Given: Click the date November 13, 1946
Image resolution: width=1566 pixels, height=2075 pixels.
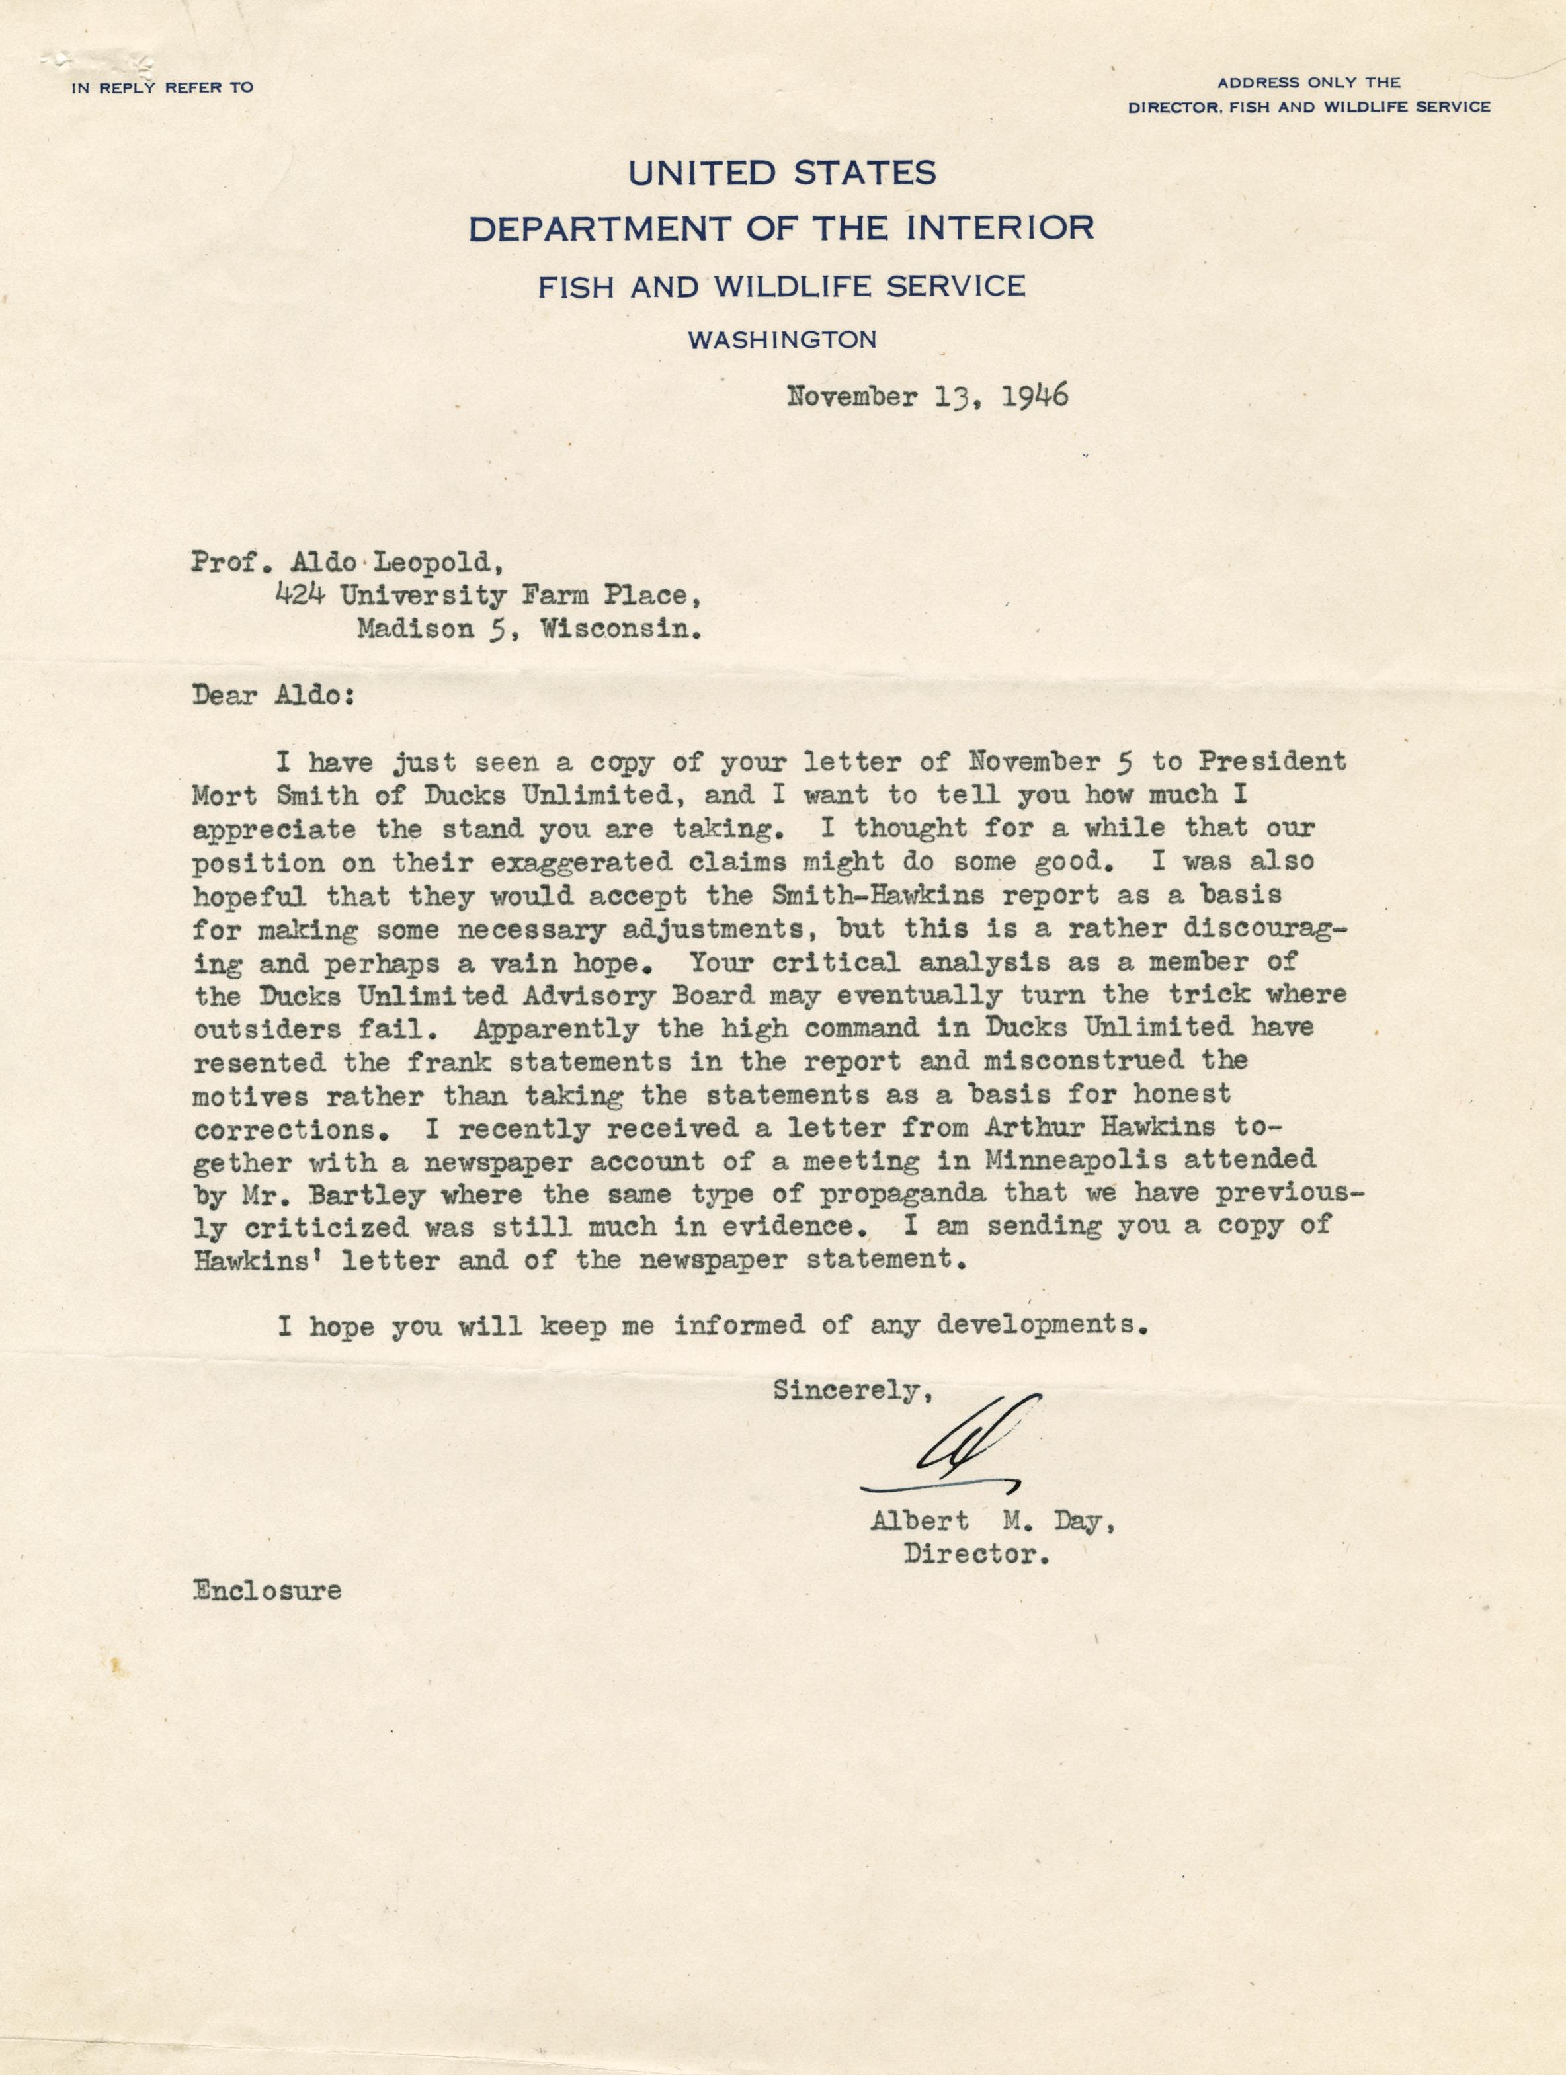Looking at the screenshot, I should tap(927, 397).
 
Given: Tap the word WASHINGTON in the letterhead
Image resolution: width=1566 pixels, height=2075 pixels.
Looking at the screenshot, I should tap(782, 340).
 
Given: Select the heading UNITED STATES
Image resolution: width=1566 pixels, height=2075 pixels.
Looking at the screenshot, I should tap(782, 173).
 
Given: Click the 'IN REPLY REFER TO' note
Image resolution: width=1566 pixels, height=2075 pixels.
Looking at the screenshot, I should tap(162, 88).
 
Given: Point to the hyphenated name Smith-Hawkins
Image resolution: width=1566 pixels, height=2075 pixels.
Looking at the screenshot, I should tap(876, 894).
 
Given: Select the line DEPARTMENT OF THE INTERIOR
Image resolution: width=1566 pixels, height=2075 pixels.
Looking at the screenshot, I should tap(782, 228).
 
